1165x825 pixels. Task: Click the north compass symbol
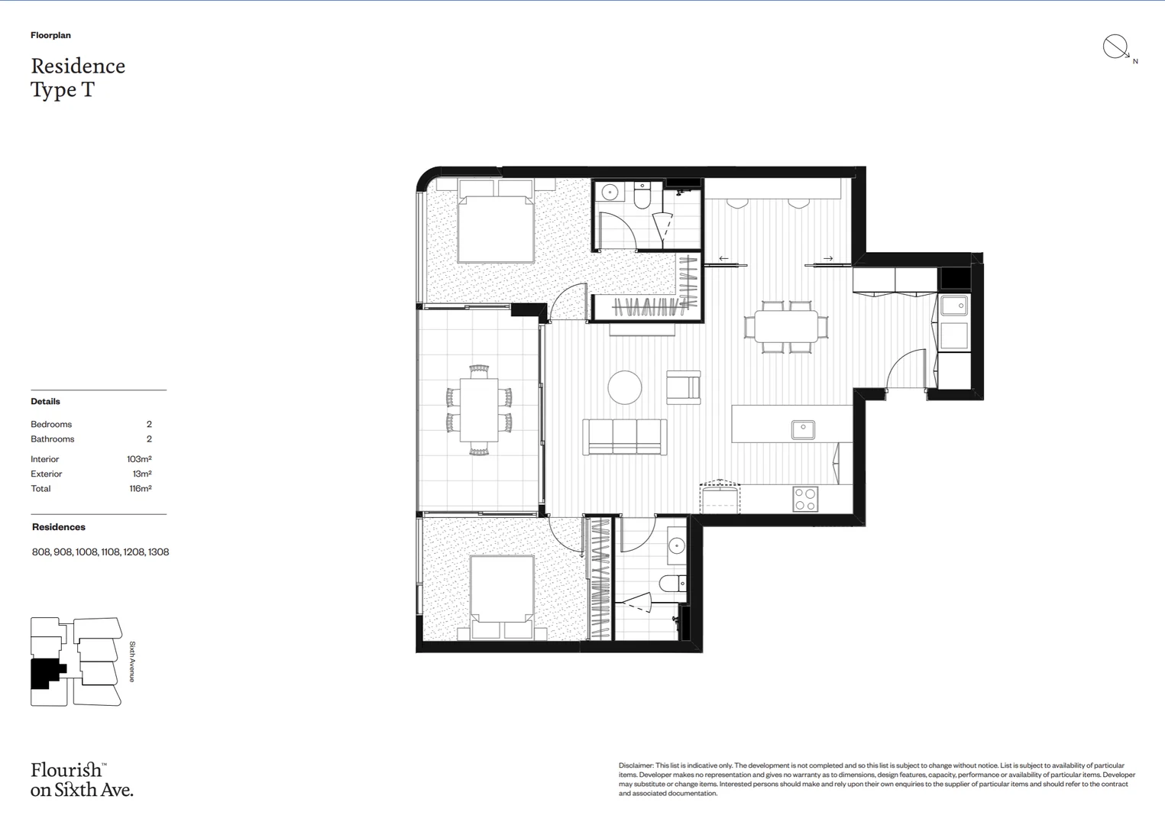pyautogui.click(x=1115, y=47)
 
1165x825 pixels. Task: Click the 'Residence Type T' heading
pyautogui.click(x=78, y=77)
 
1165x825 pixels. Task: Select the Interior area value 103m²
pyautogui.click(x=139, y=459)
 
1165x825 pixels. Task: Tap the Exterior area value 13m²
pyautogui.click(x=142, y=474)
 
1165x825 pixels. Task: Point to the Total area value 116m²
pyautogui.click(x=141, y=489)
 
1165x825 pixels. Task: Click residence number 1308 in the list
pyautogui.click(x=159, y=552)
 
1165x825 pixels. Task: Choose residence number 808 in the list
pyautogui.click(x=41, y=552)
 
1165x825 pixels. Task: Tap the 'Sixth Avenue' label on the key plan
pyautogui.click(x=132, y=662)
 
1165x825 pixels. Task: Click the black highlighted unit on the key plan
pyautogui.click(x=46, y=673)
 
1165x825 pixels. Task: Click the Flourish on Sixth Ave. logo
pyautogui.click(x=81, y=779)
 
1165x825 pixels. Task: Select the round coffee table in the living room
pyautogui.click(x=625, y=387)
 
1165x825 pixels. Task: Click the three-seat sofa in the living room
pyautogui.click(x=625, y=437)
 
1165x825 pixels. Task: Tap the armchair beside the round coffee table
pyautogui.click(x=684, y=387)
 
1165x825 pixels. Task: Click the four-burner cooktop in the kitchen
pyautogui.click(x=805, y=499)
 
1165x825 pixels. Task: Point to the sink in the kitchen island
pyautogui.click(x=803, y=429)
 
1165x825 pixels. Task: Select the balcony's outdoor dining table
pyautogui.click(x=479, y=410)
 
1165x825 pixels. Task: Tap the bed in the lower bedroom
pyautogui.click(x=502, y=592)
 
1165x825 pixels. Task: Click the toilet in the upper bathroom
pyautogui.click(x=642, y=197)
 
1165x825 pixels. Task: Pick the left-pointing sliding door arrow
pyautogui.click(x=723, y=259)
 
